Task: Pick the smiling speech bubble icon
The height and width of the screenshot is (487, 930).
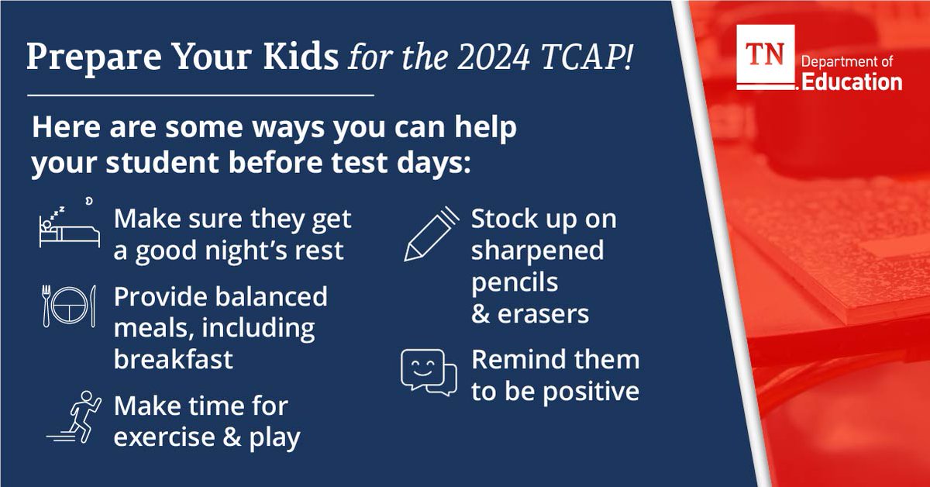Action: (428, 373)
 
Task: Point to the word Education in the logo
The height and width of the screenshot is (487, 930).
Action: (852, 81)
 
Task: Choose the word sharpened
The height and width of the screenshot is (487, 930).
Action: (537, 250)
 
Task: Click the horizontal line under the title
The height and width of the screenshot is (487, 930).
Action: (201, 96)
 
